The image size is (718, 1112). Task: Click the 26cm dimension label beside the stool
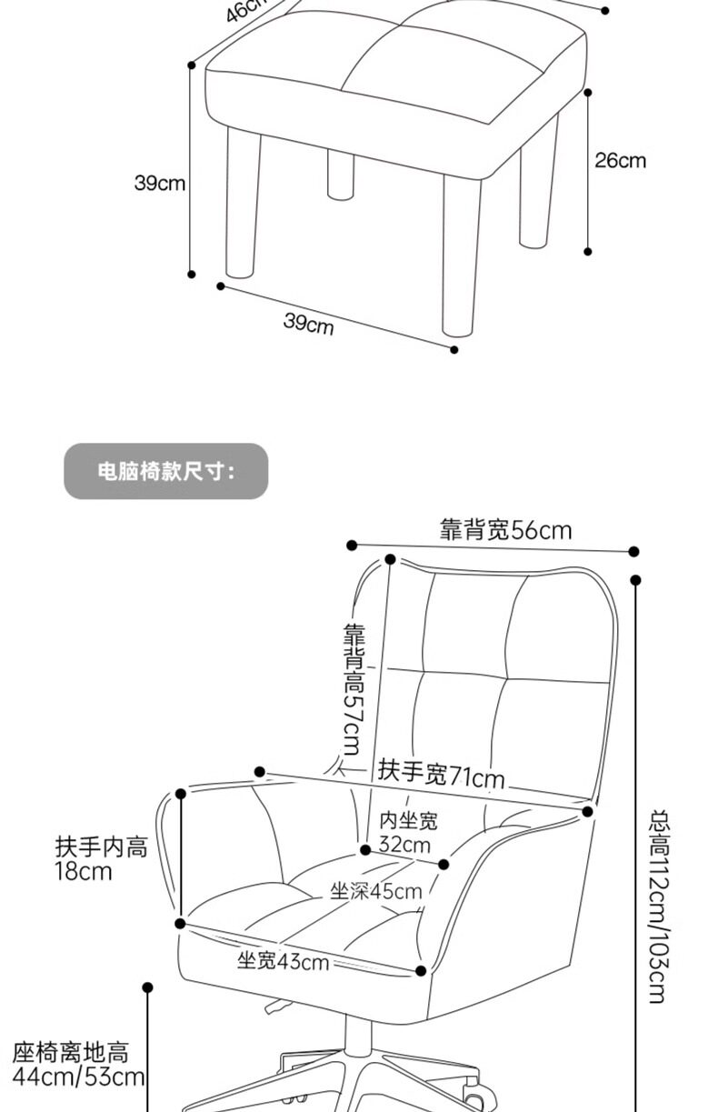(x=620, y=161)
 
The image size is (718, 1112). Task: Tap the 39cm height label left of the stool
(x=160, y=183)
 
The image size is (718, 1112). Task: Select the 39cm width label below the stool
(x=308, y=322)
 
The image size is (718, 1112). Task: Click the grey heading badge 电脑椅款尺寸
(x=166, y=471)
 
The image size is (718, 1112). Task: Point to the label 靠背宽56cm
(x=505, y=530)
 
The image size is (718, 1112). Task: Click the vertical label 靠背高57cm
(x=353, y=689)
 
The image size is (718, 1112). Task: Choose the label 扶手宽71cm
(x=441, y=775)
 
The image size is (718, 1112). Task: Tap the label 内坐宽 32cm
(x=407, y=832)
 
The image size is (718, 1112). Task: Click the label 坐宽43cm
(x=283, y=960)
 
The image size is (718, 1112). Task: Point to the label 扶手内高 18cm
(x=100, y=859)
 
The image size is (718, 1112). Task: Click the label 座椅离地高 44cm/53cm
(x=78, y=1065)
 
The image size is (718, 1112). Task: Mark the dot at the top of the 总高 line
(x=635, y=580)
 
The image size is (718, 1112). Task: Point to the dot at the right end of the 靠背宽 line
(x=633, y=551)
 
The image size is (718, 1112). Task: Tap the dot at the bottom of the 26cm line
(x=588, y=251)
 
